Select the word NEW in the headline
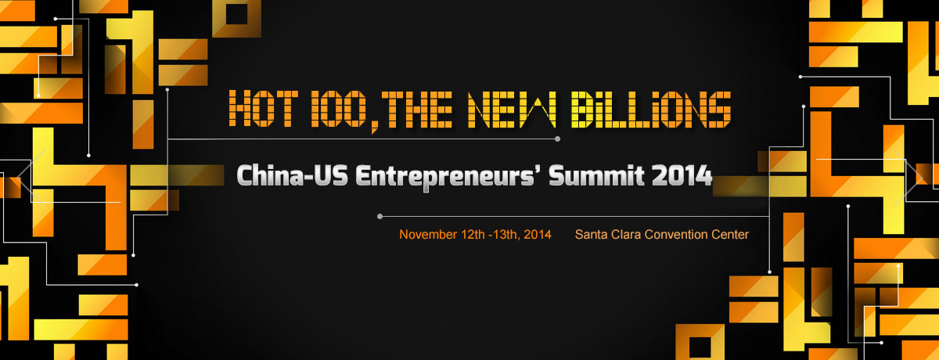(512, 109)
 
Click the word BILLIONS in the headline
(651, 109)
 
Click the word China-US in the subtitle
(292, 176)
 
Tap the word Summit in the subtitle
(596, 176)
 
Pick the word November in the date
(428, 234)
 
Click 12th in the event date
(473, 234)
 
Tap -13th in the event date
(505, 235)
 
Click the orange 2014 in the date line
(538, 234)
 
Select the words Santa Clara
(608, 234)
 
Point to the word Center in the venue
(730, 234)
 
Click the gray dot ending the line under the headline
(557, 139)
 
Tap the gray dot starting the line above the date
(380, 217)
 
